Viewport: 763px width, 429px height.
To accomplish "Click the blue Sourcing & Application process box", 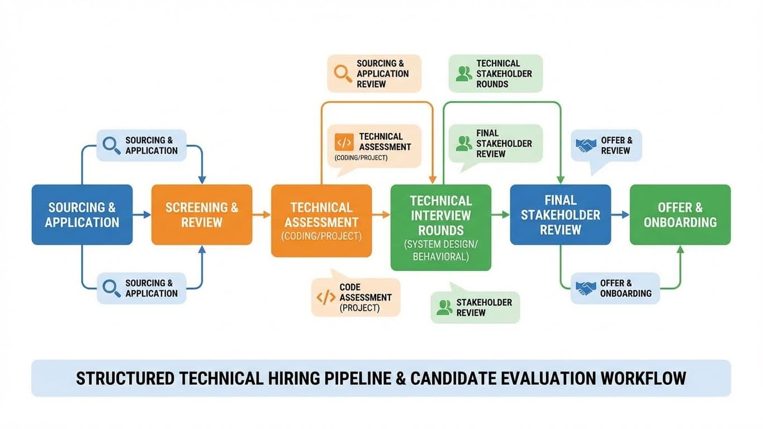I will click(x=82, y=214).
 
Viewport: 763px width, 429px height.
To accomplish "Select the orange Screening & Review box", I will click(x=202, y=214).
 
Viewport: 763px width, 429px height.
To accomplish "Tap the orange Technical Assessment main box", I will click(x=321, y=221).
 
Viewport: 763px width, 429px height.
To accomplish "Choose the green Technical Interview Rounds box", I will click(x=440, y=228).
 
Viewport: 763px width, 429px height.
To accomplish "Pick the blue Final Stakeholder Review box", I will click(x=560, y=214).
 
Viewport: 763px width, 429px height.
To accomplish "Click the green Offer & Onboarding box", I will click(x=680, y=214).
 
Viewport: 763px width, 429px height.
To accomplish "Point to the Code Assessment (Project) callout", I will click(x=356, y=297).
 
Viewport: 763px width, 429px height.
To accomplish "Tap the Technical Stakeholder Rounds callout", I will click(x=495, y=73).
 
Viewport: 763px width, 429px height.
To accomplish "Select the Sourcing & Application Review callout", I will click(x=374, y=73).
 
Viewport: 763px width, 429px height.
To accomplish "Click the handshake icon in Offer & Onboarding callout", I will click(x=586, y=288).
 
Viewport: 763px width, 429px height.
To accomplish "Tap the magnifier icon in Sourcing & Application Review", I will click(x=342, y=73).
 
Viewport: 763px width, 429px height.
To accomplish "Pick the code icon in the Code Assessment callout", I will click(x=326, y=297).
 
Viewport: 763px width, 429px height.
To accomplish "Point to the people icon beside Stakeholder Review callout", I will click(x=444, y=307).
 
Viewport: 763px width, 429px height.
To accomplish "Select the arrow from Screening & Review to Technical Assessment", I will click(x=262, y=214).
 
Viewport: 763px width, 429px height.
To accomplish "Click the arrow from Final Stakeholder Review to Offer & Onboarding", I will click(x=620, y=214).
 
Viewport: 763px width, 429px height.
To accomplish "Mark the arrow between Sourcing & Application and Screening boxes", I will click(x=142, y=214).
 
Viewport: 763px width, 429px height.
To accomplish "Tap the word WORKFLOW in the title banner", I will click(x=643, y=378).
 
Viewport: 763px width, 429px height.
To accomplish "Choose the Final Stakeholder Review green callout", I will click(x=495, y=144).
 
